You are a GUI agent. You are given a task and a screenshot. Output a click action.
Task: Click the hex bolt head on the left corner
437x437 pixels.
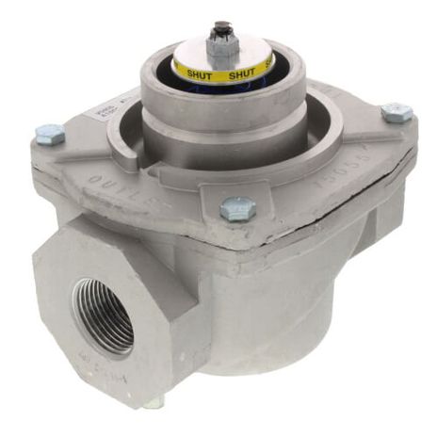[49, 133]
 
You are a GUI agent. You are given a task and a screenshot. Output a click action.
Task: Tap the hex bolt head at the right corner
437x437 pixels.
[397, 113]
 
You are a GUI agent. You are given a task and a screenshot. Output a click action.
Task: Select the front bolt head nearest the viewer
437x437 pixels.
[237, 208]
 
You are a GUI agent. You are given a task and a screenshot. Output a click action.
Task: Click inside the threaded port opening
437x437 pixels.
[103, 316]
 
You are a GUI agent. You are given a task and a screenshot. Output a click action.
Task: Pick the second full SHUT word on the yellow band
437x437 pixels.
[242, 73]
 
